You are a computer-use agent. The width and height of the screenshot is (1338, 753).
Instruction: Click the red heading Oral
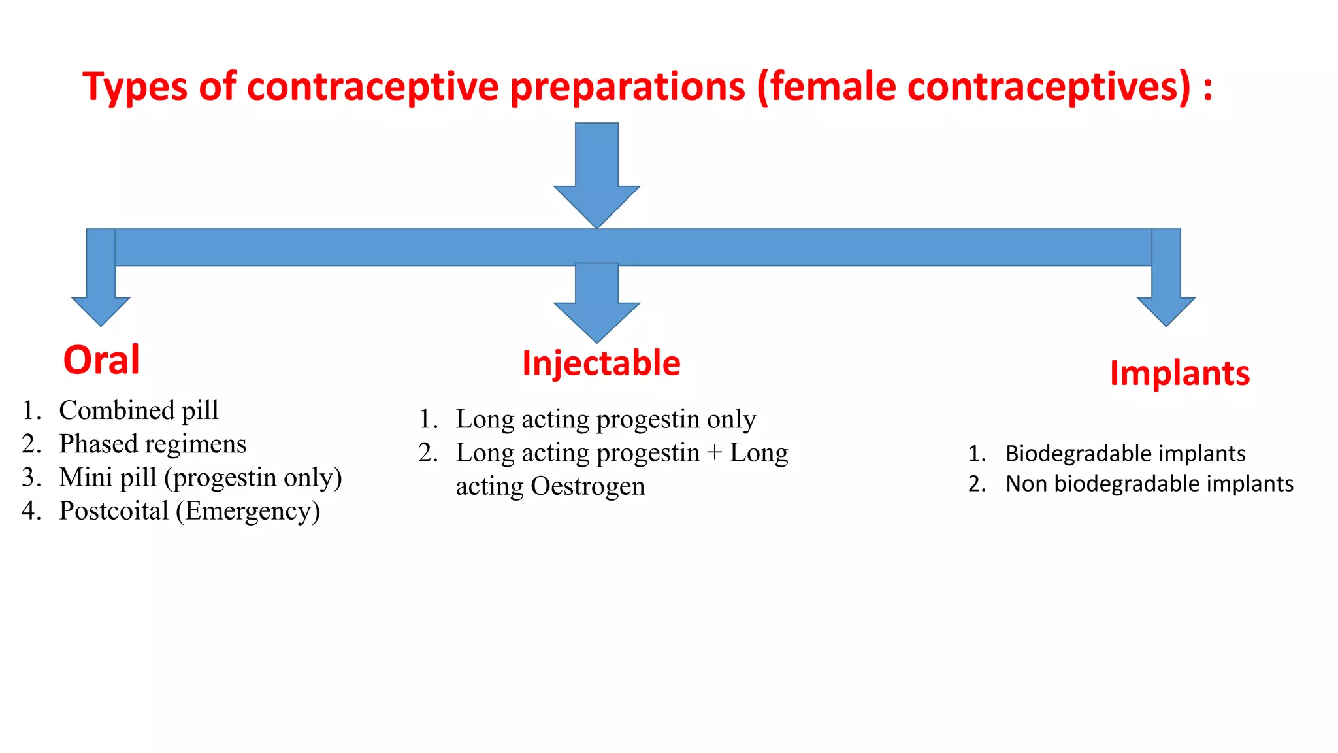101,360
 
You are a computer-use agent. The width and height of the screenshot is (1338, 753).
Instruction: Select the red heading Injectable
601,363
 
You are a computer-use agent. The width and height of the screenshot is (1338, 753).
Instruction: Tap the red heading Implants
1180,373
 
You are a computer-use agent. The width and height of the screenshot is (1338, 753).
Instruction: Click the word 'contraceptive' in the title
373,86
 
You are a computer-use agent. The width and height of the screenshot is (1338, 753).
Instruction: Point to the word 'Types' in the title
135,86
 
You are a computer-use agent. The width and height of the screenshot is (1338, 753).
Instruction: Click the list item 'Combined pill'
139,410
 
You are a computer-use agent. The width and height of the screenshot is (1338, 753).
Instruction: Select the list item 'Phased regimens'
152,444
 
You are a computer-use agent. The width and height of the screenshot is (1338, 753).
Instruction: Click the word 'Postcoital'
114,510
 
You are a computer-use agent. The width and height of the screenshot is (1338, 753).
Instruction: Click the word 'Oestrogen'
587,486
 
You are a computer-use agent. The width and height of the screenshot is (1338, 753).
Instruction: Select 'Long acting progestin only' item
606,419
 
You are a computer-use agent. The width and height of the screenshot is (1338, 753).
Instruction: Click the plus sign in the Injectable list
714,453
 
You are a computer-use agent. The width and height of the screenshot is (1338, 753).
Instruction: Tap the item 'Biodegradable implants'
1125,453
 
